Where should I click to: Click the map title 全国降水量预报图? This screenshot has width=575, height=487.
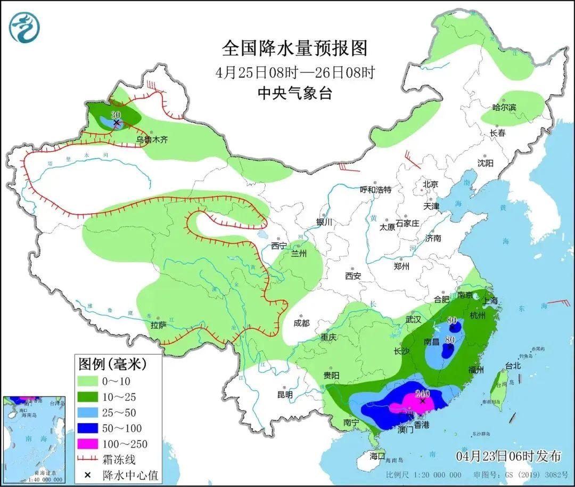tap(294, 48)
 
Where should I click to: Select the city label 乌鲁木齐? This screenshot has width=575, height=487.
tap(152, 140)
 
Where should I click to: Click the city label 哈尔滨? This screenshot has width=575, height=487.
tap(504, 108)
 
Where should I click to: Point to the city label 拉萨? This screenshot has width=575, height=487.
tap(159, 324)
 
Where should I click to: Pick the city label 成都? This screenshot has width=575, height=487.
tap(301, 323)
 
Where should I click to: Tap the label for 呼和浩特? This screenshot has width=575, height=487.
tap(375, 190)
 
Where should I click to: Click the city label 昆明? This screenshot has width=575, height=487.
tap(285, 395)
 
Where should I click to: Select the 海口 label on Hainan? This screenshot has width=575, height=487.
tap(377, 456)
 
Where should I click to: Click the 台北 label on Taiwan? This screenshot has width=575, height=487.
tap(513, 366)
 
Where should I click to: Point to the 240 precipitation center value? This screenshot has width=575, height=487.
tap(422, 394)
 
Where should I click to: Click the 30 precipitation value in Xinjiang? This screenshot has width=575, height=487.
tap(116, 115)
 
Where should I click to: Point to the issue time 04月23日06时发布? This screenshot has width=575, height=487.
tap(508, 456)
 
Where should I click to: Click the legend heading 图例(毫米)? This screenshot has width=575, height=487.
tap(112, 364)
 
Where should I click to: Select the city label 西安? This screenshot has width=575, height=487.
tap(353, 276)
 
